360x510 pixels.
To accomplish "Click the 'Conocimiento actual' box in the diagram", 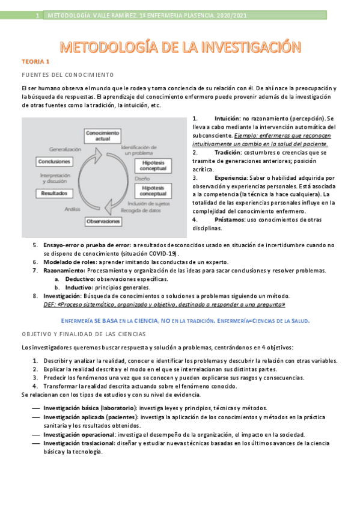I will (x=103, y=135).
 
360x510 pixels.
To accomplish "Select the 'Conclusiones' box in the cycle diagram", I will (x=54, y=162).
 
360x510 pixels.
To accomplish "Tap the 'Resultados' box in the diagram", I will (x=54, y=193).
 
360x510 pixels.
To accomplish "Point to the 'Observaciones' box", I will (x=103, y=222).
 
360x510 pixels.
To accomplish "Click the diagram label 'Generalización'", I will (x=64, y=147).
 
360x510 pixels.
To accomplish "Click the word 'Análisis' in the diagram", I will (x=72, y=209).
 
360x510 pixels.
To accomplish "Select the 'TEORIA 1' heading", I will (x=36, y=61).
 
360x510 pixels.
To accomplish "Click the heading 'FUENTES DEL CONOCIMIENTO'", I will (x=67, y=75).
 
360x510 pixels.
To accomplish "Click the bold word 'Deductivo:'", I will (x=80, y=279).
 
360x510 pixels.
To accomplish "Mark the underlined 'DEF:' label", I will (x=50, y=304).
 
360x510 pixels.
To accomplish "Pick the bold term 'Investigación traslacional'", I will (x=78, y=443).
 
